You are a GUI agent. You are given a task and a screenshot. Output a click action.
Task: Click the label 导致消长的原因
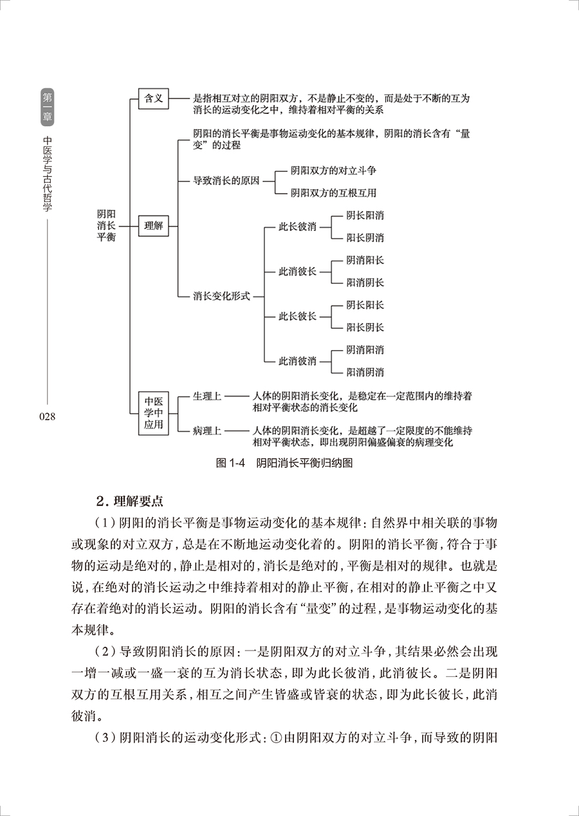[226, 181]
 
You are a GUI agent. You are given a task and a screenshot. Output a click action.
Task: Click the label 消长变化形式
[221, 297]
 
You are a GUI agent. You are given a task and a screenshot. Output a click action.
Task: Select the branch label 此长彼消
[297, 227]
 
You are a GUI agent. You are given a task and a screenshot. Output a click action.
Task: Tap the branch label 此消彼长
[297, 271]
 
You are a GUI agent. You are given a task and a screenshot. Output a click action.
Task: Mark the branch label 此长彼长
[297, 316]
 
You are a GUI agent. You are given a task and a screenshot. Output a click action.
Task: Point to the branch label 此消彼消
[297, 360]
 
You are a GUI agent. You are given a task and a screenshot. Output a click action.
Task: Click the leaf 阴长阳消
[365, 216]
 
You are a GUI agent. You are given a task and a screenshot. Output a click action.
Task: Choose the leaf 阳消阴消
[365, 371]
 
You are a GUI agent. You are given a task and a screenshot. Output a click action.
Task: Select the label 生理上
[207, 396]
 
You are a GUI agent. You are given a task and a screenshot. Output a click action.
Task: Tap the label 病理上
[207, 431]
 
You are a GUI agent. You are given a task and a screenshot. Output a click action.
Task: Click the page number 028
[48, 416]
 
